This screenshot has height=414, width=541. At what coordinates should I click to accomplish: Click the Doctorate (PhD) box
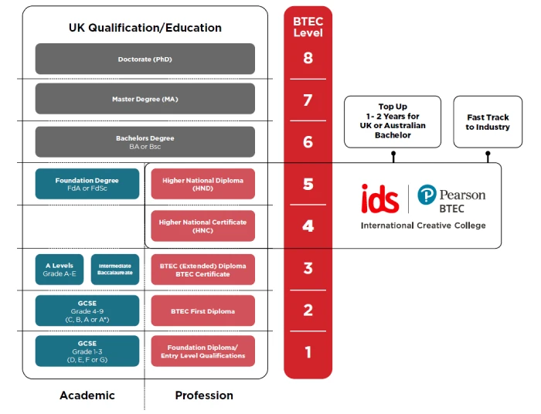tap(145, 59)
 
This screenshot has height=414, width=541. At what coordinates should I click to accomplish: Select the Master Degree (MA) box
tap(145, 99)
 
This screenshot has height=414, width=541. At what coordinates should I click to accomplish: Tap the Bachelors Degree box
tap(145, 142)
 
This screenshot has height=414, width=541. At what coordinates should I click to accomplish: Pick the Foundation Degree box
tap(87, 184)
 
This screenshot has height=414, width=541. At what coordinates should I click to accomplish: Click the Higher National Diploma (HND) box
tap(202, 184)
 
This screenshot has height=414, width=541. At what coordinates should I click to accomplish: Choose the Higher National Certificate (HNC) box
tap(202, 226)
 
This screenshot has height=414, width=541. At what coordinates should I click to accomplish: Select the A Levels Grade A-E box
tap(60, 270)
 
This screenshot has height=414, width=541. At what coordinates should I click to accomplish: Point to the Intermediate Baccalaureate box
tap(115, 270)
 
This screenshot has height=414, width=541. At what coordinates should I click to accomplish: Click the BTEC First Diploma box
tap(202, 311)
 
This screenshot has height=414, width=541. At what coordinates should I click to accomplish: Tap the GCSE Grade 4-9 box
tap(87, 311)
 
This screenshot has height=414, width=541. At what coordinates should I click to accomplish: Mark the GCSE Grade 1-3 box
tap(87, 351)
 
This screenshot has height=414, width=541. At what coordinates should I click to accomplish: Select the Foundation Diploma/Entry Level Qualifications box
tap(202, 351)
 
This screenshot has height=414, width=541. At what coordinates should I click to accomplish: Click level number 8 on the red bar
tap(308, 58)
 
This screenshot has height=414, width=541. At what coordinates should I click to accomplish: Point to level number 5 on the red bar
tap(308, 184)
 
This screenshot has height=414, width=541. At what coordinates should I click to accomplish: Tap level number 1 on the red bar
tap(308, 352)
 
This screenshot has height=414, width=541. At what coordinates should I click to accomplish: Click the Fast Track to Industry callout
tap(487, 122)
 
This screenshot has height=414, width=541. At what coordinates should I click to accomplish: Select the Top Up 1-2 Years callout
tap(393, 122)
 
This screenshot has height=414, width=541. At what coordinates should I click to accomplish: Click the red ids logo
tap(380, 199)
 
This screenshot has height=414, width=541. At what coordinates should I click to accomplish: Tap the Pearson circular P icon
tap(427, 195)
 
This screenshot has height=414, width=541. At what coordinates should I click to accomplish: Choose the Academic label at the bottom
tap(87, 395)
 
